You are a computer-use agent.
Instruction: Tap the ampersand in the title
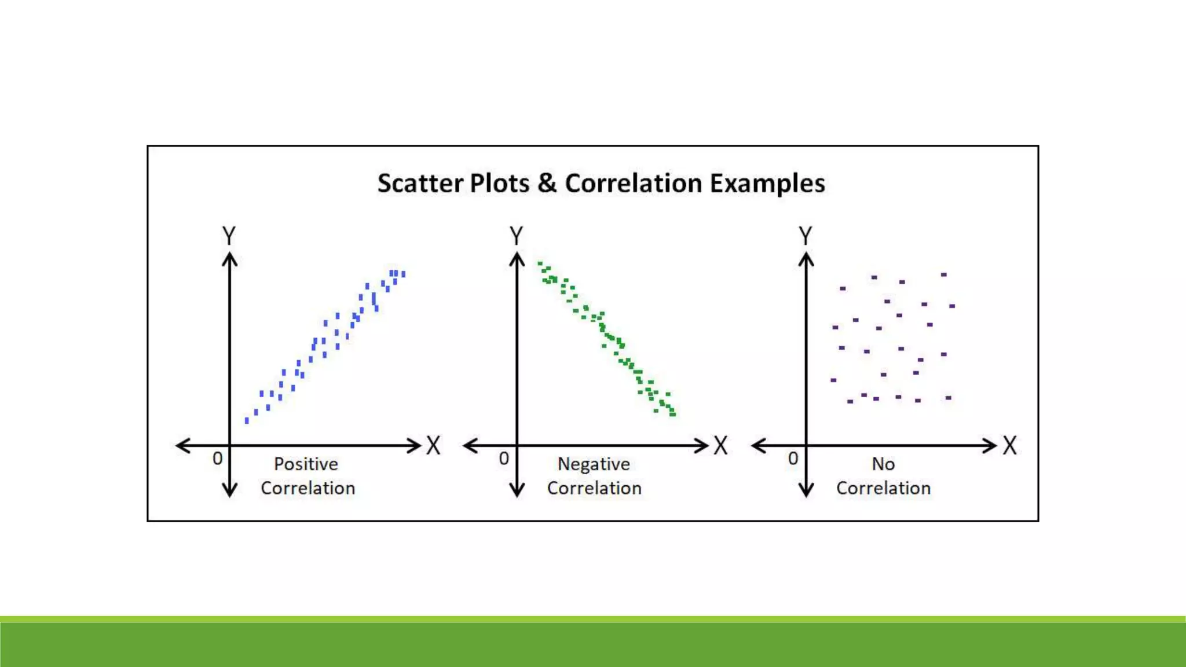tap(547, 184)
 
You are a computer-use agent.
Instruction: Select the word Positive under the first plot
tap(306, 464)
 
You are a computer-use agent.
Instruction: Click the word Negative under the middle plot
tap(594, 464)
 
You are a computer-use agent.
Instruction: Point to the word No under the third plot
tap(883, 464)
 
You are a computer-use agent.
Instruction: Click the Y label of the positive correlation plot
tap(229, 236)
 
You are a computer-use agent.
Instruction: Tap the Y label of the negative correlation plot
tap(517, 236)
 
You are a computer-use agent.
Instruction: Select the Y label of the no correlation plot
tap(806, 236)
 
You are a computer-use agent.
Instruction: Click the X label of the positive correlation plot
tap(434, 446)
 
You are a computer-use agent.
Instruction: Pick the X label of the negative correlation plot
tap(720, 446)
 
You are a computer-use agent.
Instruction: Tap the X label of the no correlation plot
tap(1010, 446)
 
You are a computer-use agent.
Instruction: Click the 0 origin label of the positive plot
tap(217, 459)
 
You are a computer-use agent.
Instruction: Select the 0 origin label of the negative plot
tap(504, 459)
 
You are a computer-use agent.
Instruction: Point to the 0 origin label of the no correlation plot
tap(793, 459)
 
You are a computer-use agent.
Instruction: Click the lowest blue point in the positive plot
tap(247, 421)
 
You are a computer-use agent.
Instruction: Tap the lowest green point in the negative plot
tap(673, 414)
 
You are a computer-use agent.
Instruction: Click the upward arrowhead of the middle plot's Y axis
tap(517, 259)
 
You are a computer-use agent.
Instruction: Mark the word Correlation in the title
tap(634, 184)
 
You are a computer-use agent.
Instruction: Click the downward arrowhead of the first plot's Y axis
tap(230, 491)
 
